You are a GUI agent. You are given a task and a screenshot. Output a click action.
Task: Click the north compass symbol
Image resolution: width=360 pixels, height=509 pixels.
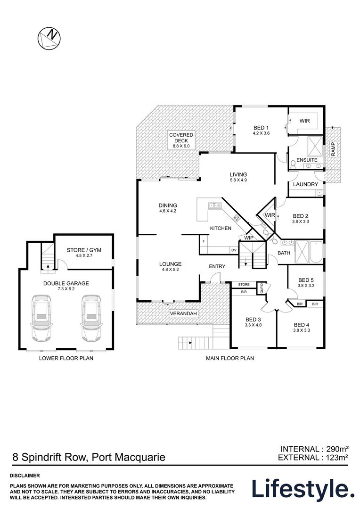click(49, 37)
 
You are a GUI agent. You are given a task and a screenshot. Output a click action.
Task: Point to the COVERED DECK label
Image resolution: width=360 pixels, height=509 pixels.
click(181, 138)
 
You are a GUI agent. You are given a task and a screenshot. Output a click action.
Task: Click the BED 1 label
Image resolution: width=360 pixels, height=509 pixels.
click(261, 128)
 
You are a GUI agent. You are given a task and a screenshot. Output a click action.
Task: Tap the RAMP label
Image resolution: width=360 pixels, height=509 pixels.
click(333, 149)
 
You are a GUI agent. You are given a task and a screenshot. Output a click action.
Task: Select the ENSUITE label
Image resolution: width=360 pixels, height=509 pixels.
click(307, 160)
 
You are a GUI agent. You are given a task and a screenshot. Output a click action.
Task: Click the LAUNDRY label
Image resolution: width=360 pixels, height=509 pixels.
click(305, 184)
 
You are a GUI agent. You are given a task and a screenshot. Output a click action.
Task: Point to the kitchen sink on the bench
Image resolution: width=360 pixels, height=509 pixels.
click(214, 205)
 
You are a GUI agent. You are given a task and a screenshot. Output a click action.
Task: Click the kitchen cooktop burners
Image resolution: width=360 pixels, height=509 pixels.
click(237, 218)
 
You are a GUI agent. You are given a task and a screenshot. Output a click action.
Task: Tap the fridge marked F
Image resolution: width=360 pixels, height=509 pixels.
click(204, 241)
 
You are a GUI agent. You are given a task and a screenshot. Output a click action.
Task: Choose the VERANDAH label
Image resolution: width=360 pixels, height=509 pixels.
click(183, 313)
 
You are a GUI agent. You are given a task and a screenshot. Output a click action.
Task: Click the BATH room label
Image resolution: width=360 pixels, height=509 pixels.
click(284, 253)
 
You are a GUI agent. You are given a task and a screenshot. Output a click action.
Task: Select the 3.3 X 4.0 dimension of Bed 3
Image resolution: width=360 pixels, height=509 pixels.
click(253, 325)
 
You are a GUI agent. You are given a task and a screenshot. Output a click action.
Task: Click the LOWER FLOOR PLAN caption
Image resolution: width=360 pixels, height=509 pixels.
click(66, 358)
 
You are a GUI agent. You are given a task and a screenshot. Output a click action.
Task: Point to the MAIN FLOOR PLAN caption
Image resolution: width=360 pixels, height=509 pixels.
click(230, 358)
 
